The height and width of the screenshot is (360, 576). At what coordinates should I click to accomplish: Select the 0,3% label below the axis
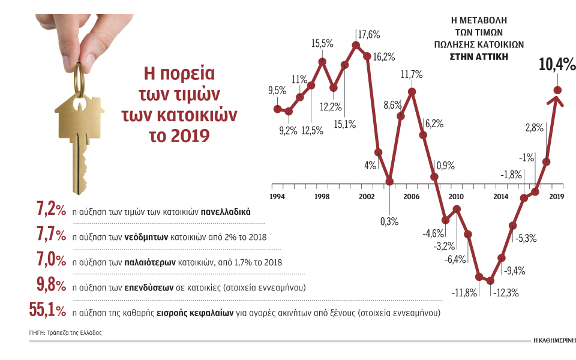click(x=389, y=221)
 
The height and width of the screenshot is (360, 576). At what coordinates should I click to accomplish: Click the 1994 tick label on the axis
click(x=277, y=197)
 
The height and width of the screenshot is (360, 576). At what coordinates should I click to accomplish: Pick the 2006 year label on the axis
click(x=411, y=197)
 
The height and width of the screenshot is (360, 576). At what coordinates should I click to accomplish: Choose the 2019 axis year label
click(x=557, y=197)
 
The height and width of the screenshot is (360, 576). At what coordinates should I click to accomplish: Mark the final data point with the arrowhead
click(x=557, y=91)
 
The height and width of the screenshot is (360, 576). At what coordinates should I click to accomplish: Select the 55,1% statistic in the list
click(x=47, y=310)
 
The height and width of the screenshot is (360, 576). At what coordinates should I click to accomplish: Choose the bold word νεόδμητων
click(x=148, y=237)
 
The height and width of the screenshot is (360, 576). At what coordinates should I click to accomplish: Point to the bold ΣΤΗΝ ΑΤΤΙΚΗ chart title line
click(x=479, y=56)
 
